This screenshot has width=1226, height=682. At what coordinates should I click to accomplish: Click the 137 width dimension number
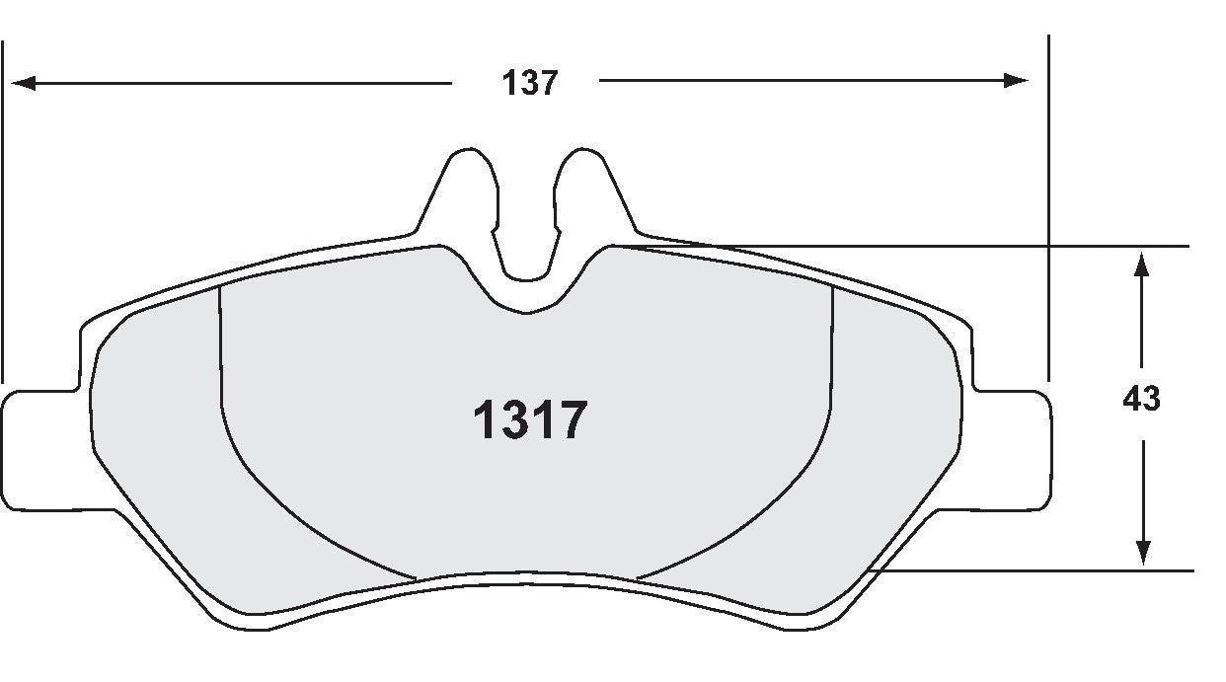pos(530,83)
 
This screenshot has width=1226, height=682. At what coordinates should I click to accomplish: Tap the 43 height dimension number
pos(1141,399)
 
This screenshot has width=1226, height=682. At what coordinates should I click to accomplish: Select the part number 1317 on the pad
pos(530,421)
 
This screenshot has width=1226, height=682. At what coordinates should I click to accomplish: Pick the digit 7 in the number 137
pos(548,83)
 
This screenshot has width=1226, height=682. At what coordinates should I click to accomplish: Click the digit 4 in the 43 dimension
pos(1132,399)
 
